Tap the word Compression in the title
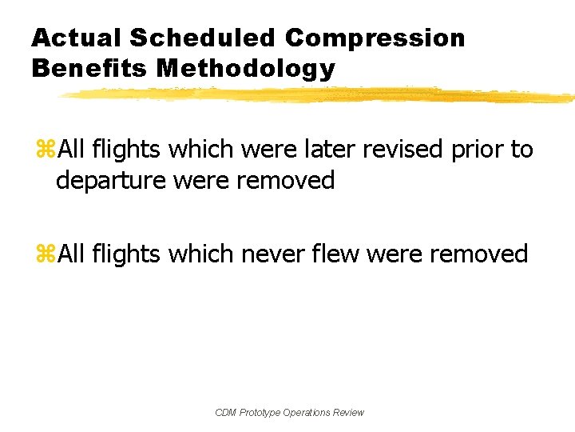(x=375, y=38)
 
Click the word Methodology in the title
(x=246, y=69)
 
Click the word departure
(x=113, y=180)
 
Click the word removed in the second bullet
(x=478, y=254)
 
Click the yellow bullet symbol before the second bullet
(x=45, y=255)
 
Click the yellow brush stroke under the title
(x=319, y=95)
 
